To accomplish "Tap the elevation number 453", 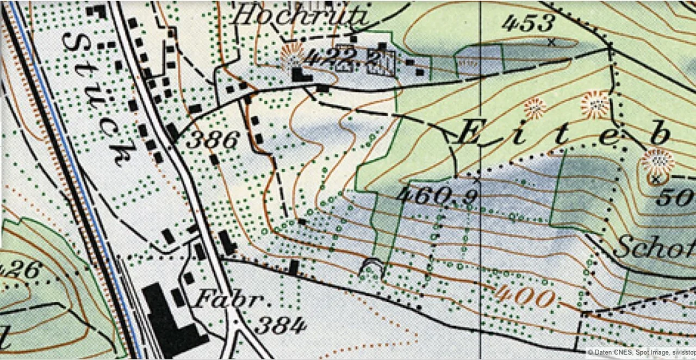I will tap(528, 23).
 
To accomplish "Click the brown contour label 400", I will tap(525, 297).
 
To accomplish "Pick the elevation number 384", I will tap(281, 326).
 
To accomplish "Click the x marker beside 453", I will tap(552, 41).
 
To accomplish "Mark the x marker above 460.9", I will tap(477, 179).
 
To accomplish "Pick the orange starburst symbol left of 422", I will tap(291, 56).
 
